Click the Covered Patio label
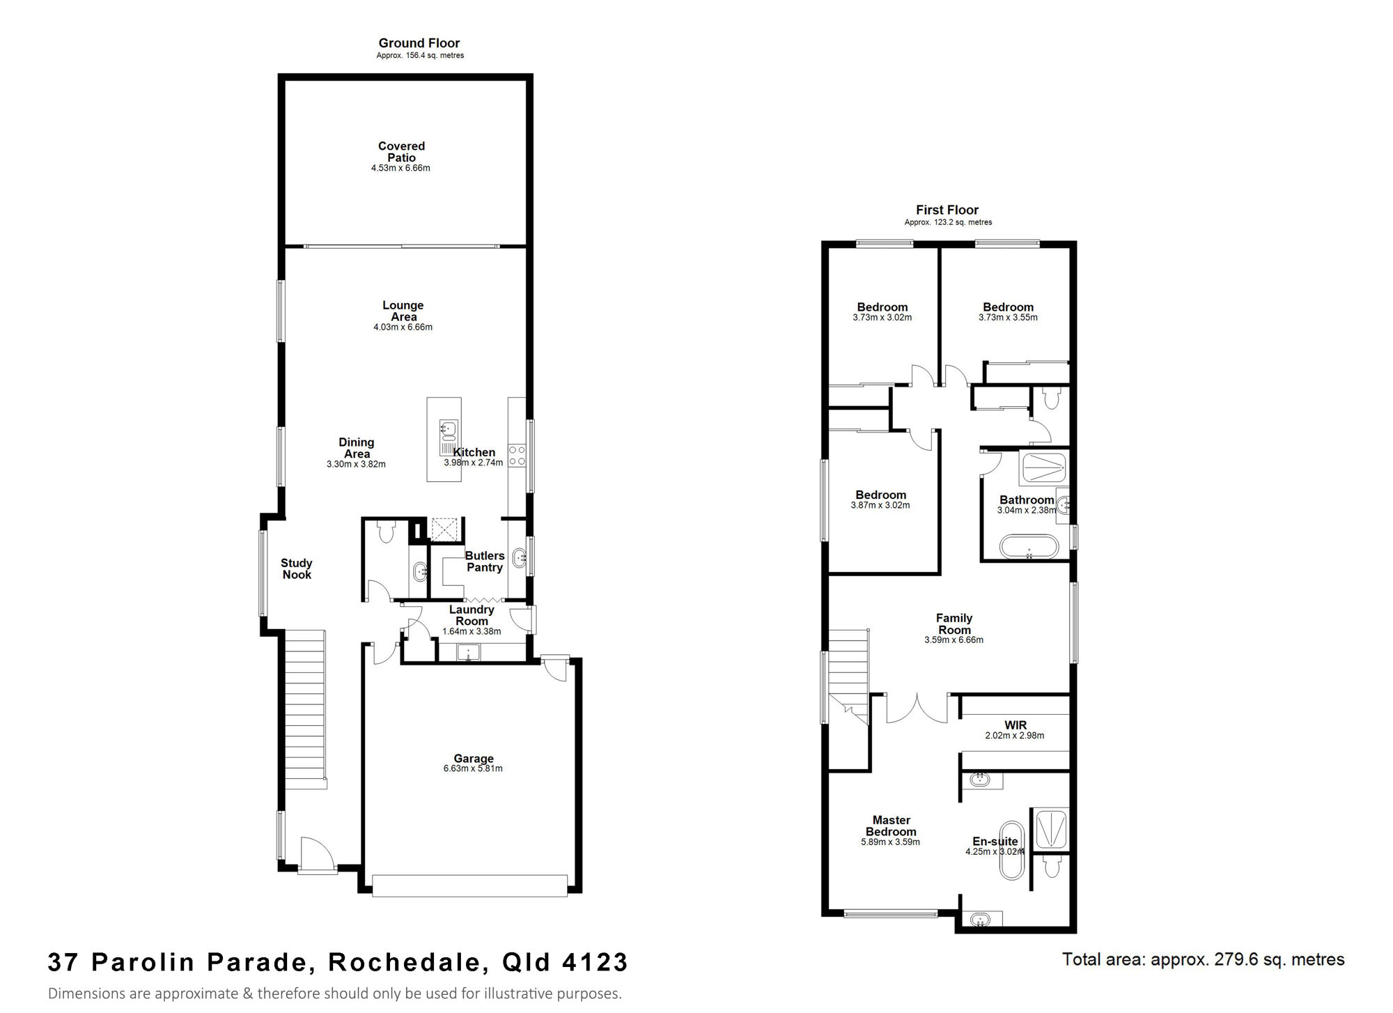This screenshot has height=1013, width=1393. click(401, 152)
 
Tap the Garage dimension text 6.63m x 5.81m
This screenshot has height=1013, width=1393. click(473, 768)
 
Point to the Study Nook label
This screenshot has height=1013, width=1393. click(297, 569)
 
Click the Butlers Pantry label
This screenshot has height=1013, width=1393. click(485, 562)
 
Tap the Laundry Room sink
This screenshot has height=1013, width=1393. click(469, 654)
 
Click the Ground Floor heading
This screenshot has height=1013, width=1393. click(419, 43)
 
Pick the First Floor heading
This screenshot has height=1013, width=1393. click(947, 210)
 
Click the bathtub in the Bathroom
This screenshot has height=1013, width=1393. click(1029, 546)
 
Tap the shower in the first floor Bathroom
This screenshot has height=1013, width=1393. click(1043, 468)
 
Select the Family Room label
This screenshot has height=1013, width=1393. click(954, 624)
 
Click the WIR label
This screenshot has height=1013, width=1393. click(1015, 725)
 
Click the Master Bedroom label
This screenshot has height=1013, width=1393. click(892, 826)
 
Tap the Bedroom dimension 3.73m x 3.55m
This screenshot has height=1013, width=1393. click(1008, 318)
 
